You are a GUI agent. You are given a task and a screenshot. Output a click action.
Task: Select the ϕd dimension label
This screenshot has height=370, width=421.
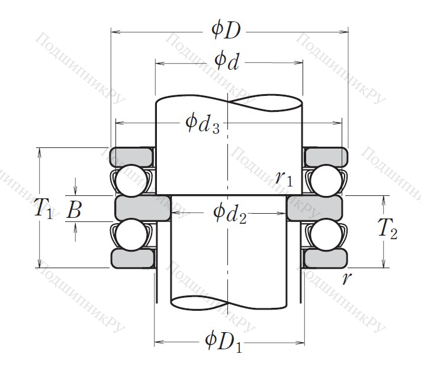tap(226, 61)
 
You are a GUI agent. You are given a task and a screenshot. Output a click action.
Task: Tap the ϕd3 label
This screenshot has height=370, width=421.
tap(203, 124)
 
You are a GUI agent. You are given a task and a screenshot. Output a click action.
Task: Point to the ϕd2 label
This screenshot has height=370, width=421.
tap(230, 213)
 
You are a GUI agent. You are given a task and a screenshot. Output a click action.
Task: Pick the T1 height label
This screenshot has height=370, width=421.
tap(43, 208)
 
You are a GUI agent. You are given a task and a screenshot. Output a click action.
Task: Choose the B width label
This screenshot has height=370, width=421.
tap(74, 210)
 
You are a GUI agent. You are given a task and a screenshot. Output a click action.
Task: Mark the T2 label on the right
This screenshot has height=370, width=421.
tap(387, 229)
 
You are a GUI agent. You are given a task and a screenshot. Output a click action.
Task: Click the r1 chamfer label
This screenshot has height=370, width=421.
tap(284, 178)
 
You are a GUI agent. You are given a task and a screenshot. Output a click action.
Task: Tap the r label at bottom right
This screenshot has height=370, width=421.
tap(346, 278)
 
